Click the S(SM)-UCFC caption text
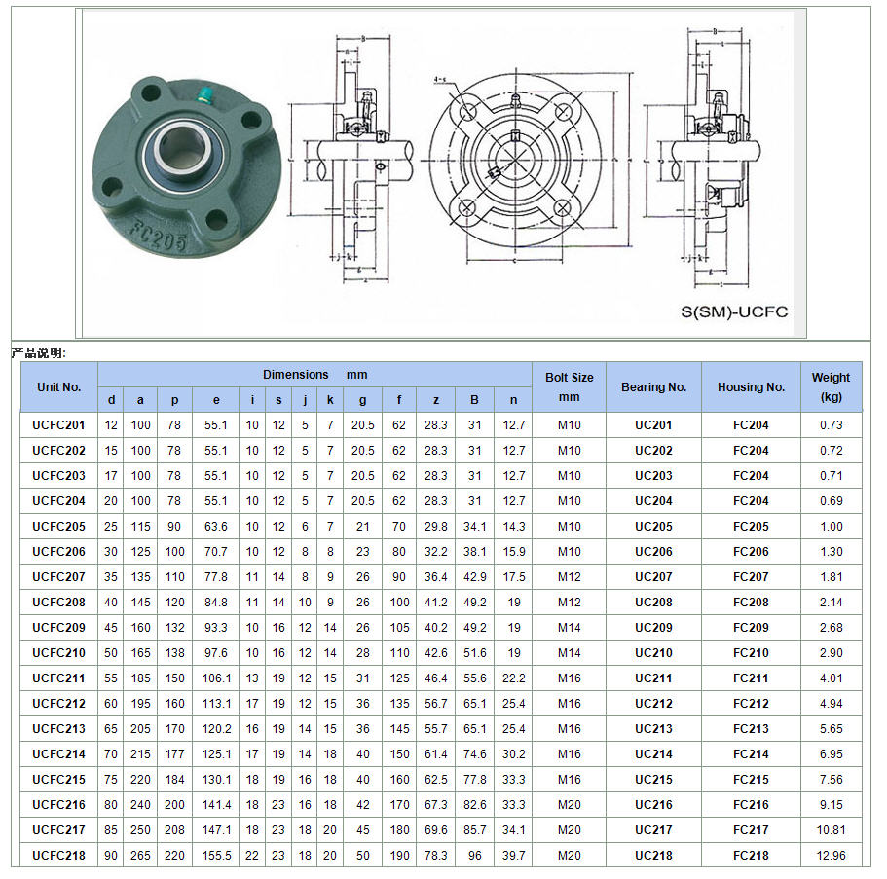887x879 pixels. click(x=734, y=312)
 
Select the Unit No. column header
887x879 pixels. click(x=58, y=386)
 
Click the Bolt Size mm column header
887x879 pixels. click(x=569, y=386)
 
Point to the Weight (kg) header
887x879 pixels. click(x=831, y=386)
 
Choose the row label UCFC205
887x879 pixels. click(x=58, y=527)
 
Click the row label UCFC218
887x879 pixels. click(x=58, y=856)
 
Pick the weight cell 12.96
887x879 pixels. click(x=831, y=856)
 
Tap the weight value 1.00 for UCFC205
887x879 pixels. click(x=831, y=527)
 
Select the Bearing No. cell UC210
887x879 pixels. click(x=653, y=653)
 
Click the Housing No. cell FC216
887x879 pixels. click(x=751, y=805)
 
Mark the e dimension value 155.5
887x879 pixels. click(x=216, y=856)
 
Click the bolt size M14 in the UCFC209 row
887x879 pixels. click(x=569, y=628)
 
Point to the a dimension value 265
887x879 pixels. click(x=141, y=856)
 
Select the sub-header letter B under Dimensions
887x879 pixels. click(x=474, y=400)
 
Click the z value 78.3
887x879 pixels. click(x=435, y=856)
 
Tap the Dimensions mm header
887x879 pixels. click(x=314, y=375)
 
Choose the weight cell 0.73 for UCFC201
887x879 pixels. click(x=831, y=425)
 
